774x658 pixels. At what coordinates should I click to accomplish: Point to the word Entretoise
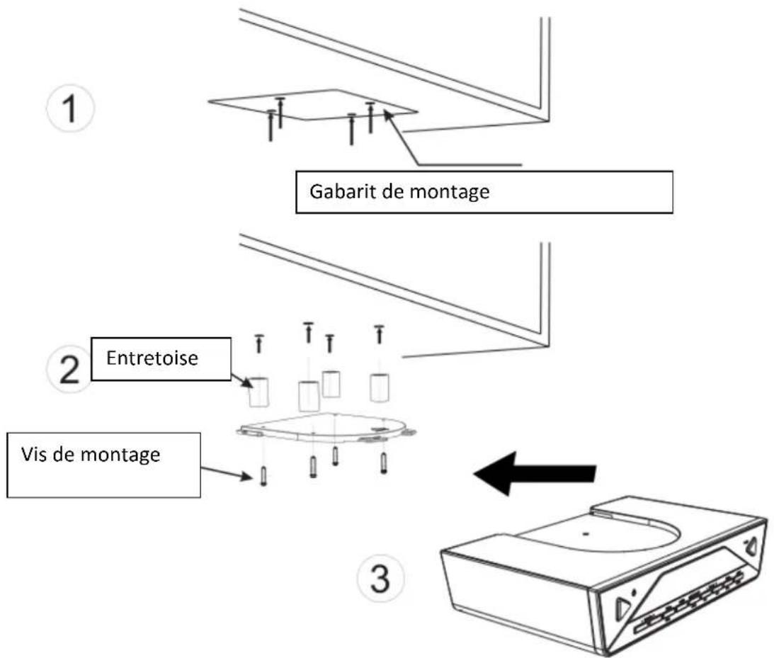click(152, 358)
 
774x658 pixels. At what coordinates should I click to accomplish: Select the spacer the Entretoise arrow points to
click(259, 392)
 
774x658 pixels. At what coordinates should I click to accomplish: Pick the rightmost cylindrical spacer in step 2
click(381, 387)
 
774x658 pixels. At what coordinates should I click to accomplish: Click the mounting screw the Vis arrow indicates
click(262, 475)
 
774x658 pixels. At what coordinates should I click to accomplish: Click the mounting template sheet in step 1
click(312, 106)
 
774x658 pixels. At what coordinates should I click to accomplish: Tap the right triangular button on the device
click(751, 546)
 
